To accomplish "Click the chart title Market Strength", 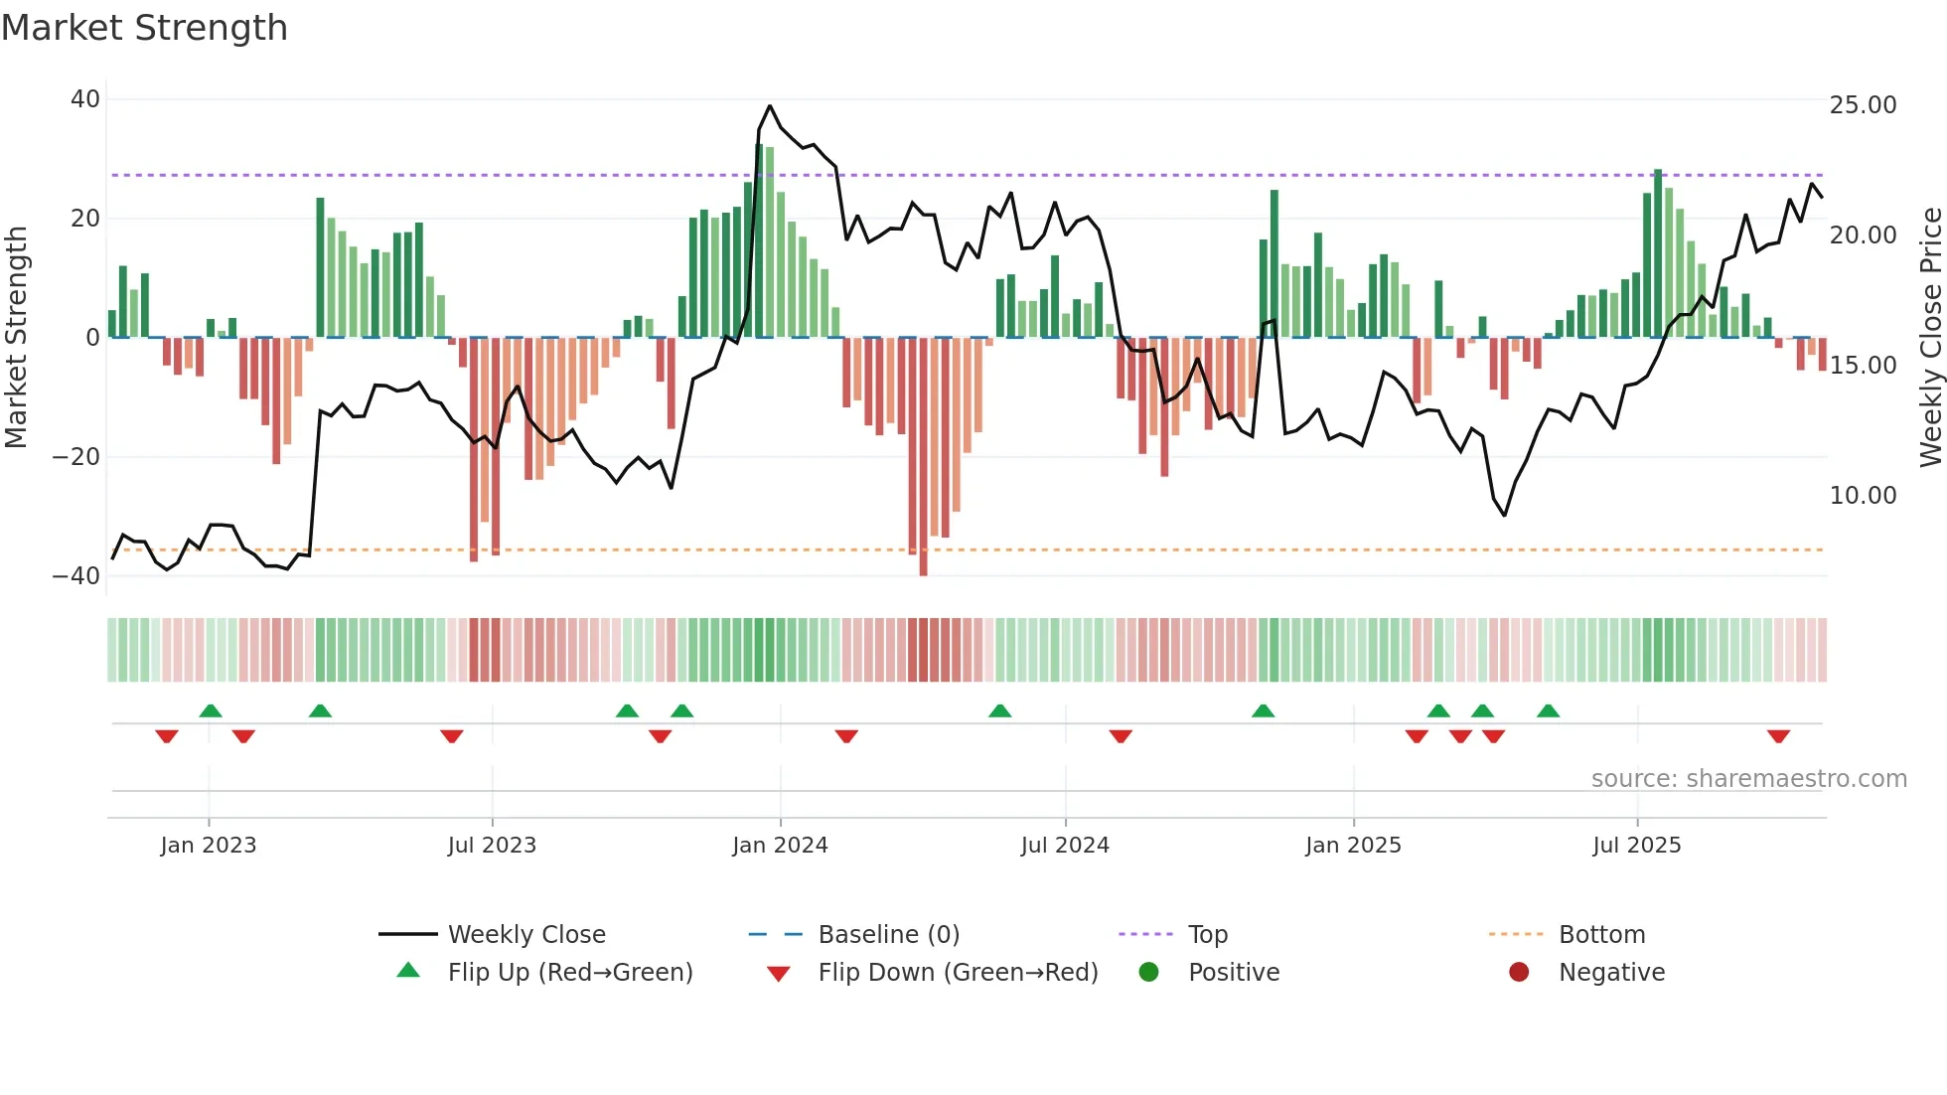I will pyautogui.click(x=144, y=28).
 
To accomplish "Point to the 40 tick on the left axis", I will pyautogui.click(x=85, y=99).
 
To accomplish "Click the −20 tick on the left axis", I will pyautogui.click(x=76, y=457).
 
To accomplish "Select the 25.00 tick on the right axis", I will pyautogui.click(x=1863, y=105).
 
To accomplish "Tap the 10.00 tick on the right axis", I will pyautogui.click(x=1863, y=496).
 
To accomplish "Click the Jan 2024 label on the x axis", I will pyautogui.click(x=780, y=846).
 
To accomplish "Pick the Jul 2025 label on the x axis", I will pyautogui.click(x=1636, y=846).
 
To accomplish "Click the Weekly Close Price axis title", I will pyautogui.click(x=1930, y=338).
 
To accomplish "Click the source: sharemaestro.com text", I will pyautogui.click(x=1748, y=779).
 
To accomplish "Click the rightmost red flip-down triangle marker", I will pyautogui.click(x=1778, y=736).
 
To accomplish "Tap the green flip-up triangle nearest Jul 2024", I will pyautogui.click(x=1000, y=711).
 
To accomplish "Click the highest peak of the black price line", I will pyautogui.click(x=770, y=106).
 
